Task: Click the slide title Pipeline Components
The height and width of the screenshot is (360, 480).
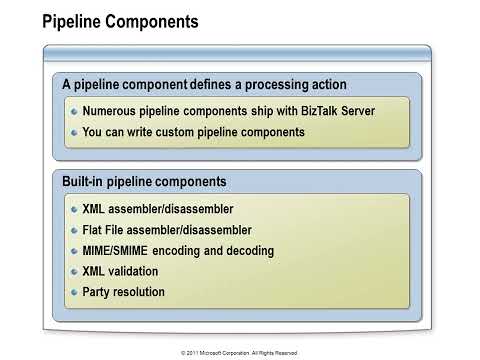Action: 120,21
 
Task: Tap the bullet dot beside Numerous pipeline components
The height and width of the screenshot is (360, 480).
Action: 73,112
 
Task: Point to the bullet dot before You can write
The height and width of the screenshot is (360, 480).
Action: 73,132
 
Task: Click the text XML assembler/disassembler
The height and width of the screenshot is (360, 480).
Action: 157,210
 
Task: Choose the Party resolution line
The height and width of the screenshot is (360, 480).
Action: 123,292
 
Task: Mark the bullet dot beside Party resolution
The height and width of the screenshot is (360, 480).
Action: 73,292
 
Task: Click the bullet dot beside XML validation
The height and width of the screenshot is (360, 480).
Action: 73,271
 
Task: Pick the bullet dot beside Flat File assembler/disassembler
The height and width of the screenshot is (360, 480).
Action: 73,230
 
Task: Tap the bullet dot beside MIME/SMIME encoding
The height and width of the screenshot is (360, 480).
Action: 73,251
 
